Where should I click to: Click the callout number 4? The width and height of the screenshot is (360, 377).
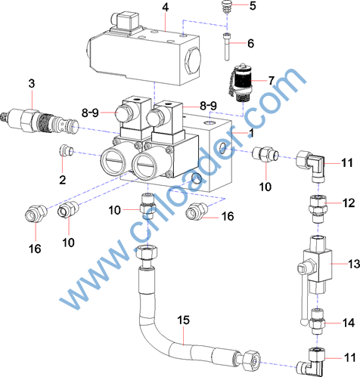(x=165, y=8)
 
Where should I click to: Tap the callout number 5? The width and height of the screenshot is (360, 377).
(x=253, y=6)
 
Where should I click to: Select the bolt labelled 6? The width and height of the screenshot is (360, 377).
(x=227, y=47)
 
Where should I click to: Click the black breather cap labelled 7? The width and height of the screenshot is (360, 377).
(x=241, y=82)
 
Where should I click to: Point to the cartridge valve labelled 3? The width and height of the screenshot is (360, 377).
(x=39, y=122)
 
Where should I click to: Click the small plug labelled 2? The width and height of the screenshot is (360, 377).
(x=66, y=150)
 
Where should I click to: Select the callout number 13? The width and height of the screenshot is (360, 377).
(x=354, y=264)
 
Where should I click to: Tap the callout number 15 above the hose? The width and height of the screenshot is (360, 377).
(x=183, y=320)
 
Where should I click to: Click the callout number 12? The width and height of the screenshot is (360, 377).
(x=349, y=203)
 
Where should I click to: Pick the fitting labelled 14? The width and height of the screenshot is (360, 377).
(x=317, y=322)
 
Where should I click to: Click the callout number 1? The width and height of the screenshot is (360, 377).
(x=250, y=133)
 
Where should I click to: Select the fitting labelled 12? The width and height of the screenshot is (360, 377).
(x=318, y=209)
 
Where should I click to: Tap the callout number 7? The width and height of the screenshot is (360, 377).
(x=271, y=81)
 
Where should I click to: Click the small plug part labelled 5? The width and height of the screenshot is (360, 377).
(x=227, y=9)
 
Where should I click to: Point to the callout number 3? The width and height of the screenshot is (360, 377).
(x=32, y=83)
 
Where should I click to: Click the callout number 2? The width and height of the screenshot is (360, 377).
(x=63, y=180)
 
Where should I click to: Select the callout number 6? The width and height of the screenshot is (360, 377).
(x=250, y=43)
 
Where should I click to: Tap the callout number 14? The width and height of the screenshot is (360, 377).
(x=349, y=323)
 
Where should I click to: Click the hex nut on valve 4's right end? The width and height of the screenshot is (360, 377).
(x=193, y=60)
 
